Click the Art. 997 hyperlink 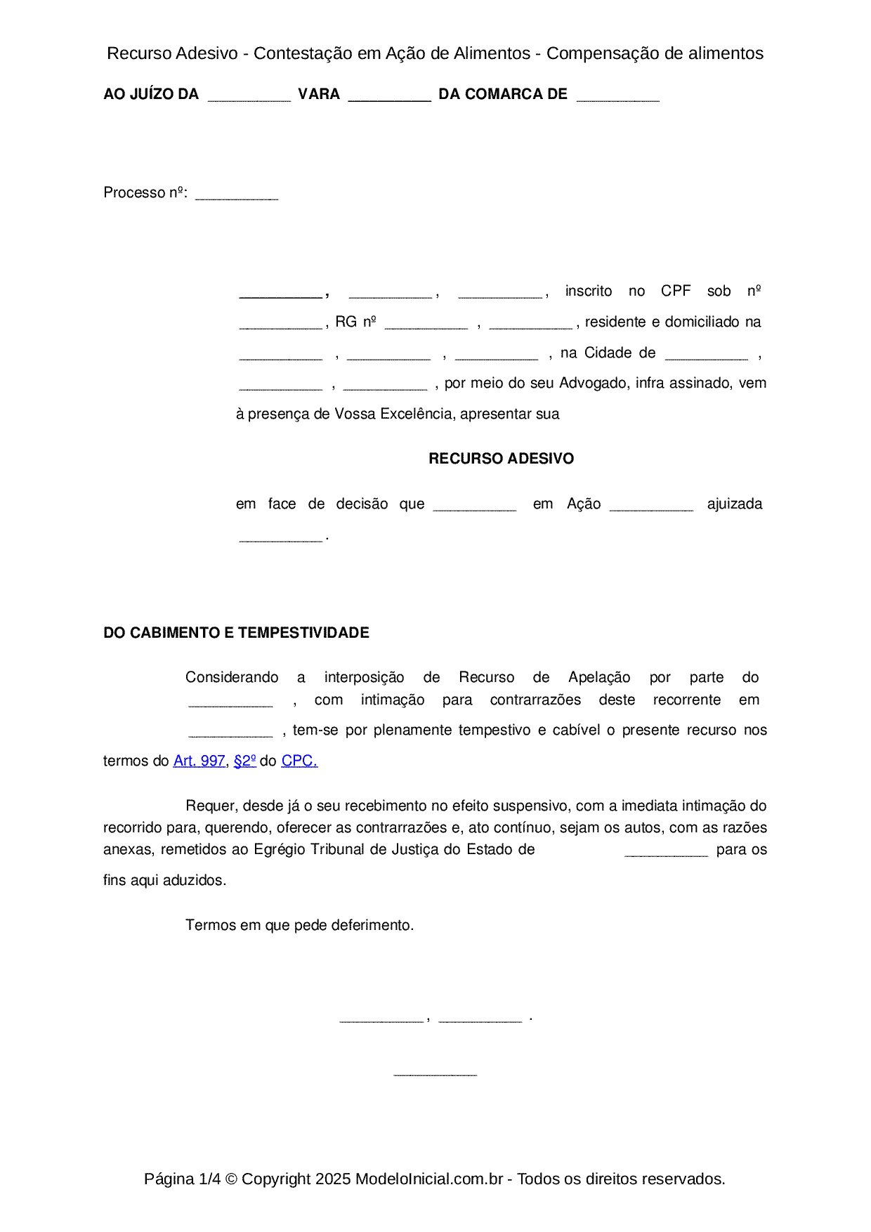199,761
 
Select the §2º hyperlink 244,761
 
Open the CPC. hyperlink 299,761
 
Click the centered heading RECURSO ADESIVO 501,459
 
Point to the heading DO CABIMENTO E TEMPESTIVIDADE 236,633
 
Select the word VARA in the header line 319,94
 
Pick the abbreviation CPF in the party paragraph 676,291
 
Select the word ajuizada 734,504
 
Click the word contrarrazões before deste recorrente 535,700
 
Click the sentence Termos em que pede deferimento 300,925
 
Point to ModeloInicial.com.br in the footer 429,1179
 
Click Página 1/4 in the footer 182,1179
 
